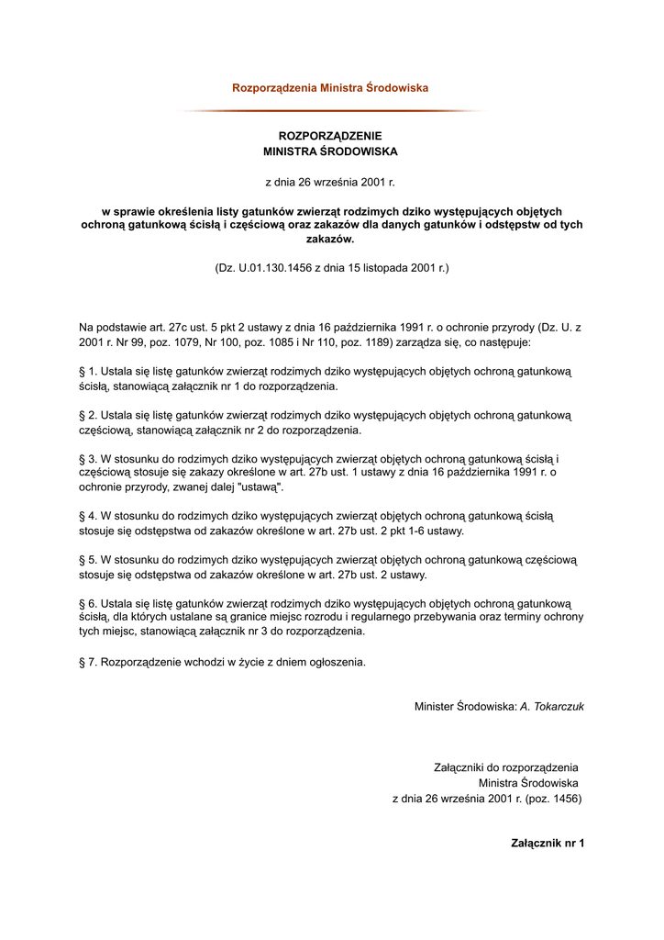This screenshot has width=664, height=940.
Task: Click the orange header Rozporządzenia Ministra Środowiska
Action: tap(330, 88)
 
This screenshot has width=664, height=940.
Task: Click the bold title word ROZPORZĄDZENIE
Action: tap(330, 136)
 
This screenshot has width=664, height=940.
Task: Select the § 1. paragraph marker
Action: tap(88, 371)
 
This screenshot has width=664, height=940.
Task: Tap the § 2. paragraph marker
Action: tap(88, 415)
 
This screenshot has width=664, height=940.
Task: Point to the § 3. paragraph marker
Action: tap(88, 459)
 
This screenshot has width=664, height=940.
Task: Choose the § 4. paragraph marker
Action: tap(88, 516)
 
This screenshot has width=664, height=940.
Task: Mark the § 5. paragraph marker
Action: tap(88, 560)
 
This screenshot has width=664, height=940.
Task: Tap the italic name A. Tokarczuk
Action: tap(552, 707)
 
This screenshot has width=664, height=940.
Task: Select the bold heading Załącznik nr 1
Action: tap(548, 843)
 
